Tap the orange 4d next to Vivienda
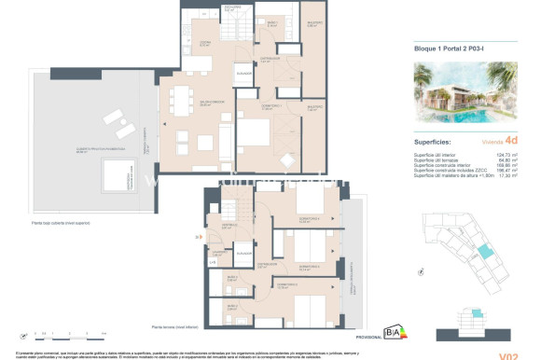click(x=511, y=143)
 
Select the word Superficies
click(x=436, y=143)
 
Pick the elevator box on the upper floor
click(x=244, y=75)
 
